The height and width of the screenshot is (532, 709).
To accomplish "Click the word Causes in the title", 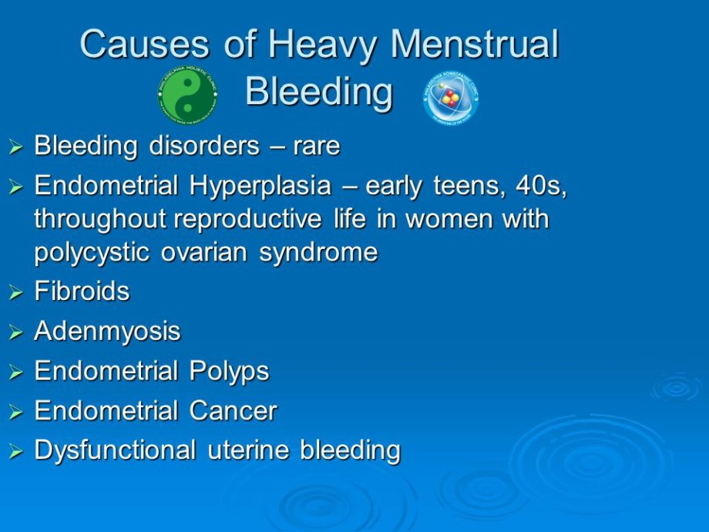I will point(145,44).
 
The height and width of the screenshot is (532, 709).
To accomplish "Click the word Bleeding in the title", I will point(319,93).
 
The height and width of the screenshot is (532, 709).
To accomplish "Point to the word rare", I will point(316,146).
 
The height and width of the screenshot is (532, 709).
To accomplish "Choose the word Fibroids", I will point(82,292).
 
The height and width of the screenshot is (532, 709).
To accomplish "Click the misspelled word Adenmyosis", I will point(108,332).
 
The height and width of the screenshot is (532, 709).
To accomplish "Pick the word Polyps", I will point(230,372).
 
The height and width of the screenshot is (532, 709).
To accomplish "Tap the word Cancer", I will point(234,411).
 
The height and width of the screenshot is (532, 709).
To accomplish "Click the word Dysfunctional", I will point(116,450).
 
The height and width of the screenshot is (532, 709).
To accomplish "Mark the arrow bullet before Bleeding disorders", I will point(16,147).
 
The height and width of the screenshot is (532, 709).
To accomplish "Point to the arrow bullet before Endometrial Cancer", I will point(16,412).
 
